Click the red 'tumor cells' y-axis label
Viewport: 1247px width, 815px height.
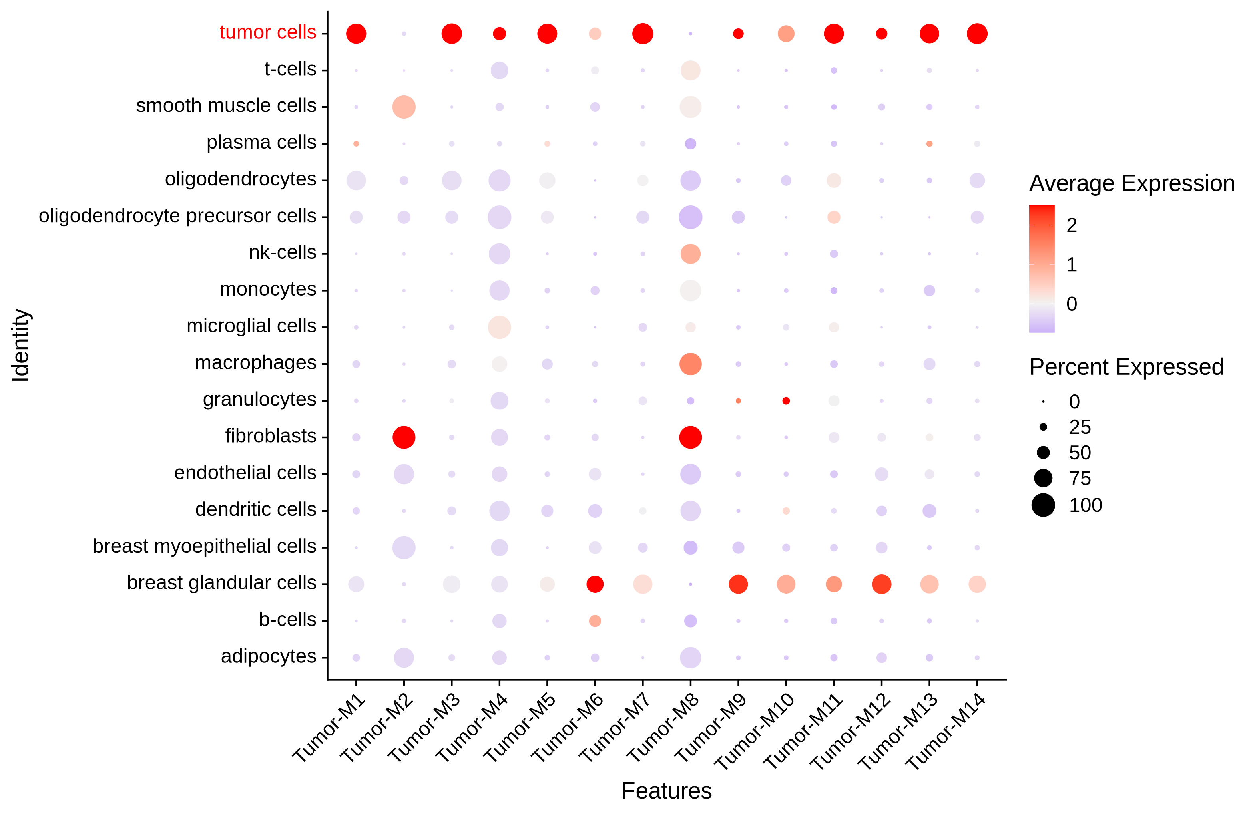268,32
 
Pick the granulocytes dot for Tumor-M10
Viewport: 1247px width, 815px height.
785,401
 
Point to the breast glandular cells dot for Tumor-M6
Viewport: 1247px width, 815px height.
595,584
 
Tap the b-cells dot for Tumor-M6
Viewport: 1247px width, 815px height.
595,621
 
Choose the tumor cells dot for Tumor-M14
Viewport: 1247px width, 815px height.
977,34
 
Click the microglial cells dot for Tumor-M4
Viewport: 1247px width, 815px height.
499,327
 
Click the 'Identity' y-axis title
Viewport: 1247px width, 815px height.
21,345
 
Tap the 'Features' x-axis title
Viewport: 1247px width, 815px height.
666,791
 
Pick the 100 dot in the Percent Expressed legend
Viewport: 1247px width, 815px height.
1043,505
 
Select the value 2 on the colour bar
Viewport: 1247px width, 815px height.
1072,225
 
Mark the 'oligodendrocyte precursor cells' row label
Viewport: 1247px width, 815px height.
177,216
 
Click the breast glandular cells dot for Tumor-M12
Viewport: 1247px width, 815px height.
881,584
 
